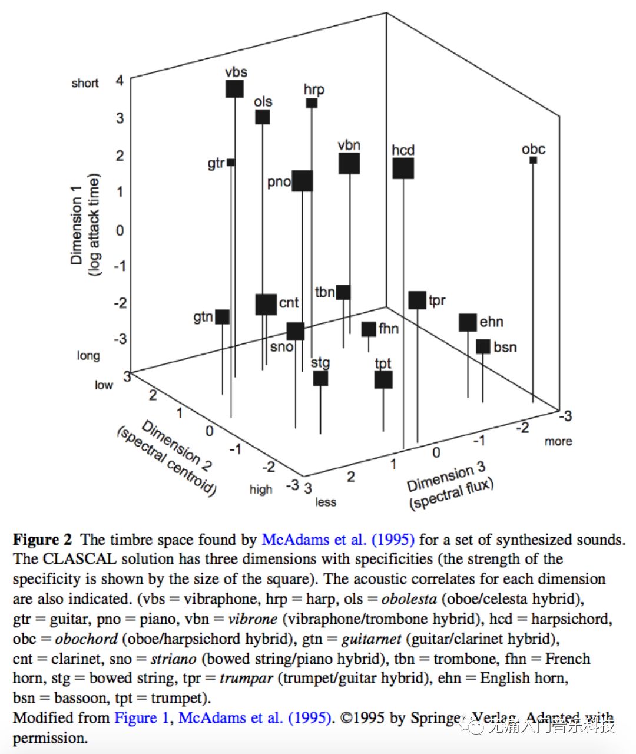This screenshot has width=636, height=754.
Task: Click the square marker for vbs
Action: [234, 89]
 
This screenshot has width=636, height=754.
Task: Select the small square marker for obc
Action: [533, 160]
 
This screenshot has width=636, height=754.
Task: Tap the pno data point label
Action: [279, 181]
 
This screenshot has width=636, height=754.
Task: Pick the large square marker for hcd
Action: [403, 168]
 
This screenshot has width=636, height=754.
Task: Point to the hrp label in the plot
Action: [314, 90]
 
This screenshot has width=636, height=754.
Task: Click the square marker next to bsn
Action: [483, 346]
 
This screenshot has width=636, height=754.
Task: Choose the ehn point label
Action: [491, 322]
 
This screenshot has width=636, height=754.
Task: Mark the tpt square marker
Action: [383, 380]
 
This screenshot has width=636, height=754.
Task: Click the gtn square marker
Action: [222, 317]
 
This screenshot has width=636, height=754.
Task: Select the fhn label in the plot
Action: [389, 329]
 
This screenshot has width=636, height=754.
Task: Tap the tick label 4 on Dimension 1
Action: [120, 80]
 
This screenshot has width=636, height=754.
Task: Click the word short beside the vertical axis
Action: [85, 83]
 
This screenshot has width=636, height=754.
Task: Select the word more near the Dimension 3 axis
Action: [558, 441]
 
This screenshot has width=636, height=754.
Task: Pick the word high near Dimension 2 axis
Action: [261, 489]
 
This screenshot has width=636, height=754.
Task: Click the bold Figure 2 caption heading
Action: [42, 540]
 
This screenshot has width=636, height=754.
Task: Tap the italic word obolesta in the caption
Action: [409, 599]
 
